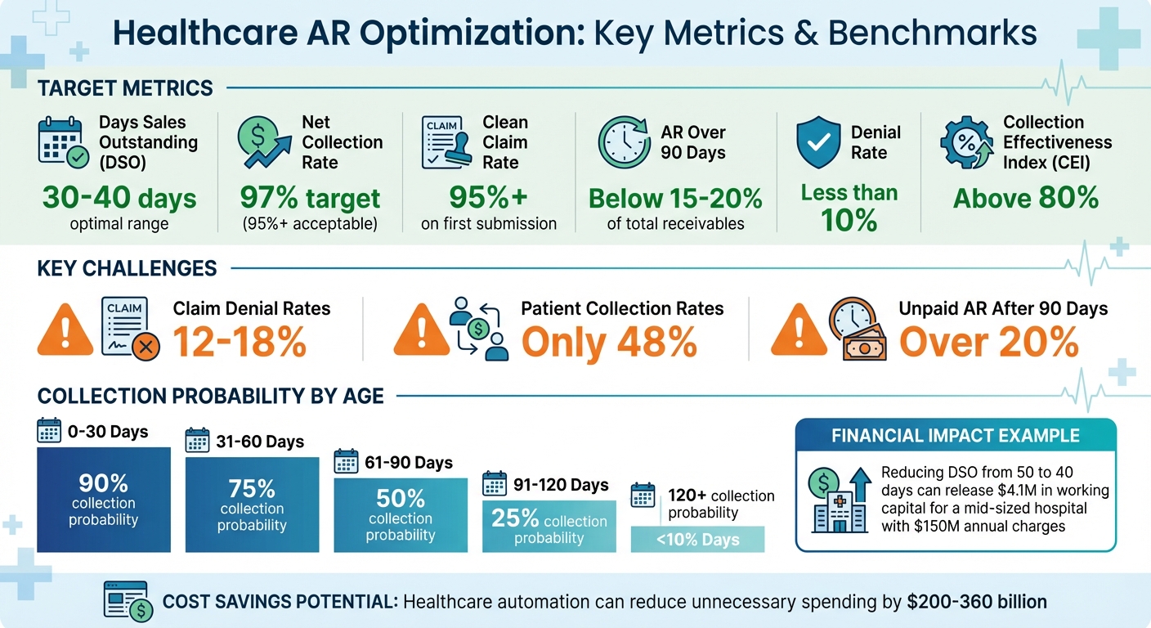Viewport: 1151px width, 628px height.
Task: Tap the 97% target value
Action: tap(310, 198)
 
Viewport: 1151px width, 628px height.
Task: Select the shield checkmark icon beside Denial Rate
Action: tap(818, 142)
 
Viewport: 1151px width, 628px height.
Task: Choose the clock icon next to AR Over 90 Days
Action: tap(625, 142)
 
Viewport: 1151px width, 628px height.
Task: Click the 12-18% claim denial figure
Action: tap(240, 342)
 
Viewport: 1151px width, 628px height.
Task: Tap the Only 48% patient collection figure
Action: tap(609, 342)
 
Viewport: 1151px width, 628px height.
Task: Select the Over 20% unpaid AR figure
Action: tap(988, 342)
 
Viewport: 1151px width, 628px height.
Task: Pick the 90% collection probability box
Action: tap(104, 499)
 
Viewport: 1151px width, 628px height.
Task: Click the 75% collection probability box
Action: tap(252, 505)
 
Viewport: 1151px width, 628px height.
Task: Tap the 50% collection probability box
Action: tap(401, 514)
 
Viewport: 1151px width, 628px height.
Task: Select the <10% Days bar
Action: tap(697, 540)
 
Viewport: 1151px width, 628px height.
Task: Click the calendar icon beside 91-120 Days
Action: tap(495, 483)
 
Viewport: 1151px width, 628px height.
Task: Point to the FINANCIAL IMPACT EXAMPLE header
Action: tap(955, 436)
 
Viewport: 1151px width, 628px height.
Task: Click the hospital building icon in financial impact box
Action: tap(835, 502)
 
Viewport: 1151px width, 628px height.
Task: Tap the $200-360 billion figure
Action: tap(977, 603)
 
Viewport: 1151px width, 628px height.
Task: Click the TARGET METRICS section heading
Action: tap(125, 88)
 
